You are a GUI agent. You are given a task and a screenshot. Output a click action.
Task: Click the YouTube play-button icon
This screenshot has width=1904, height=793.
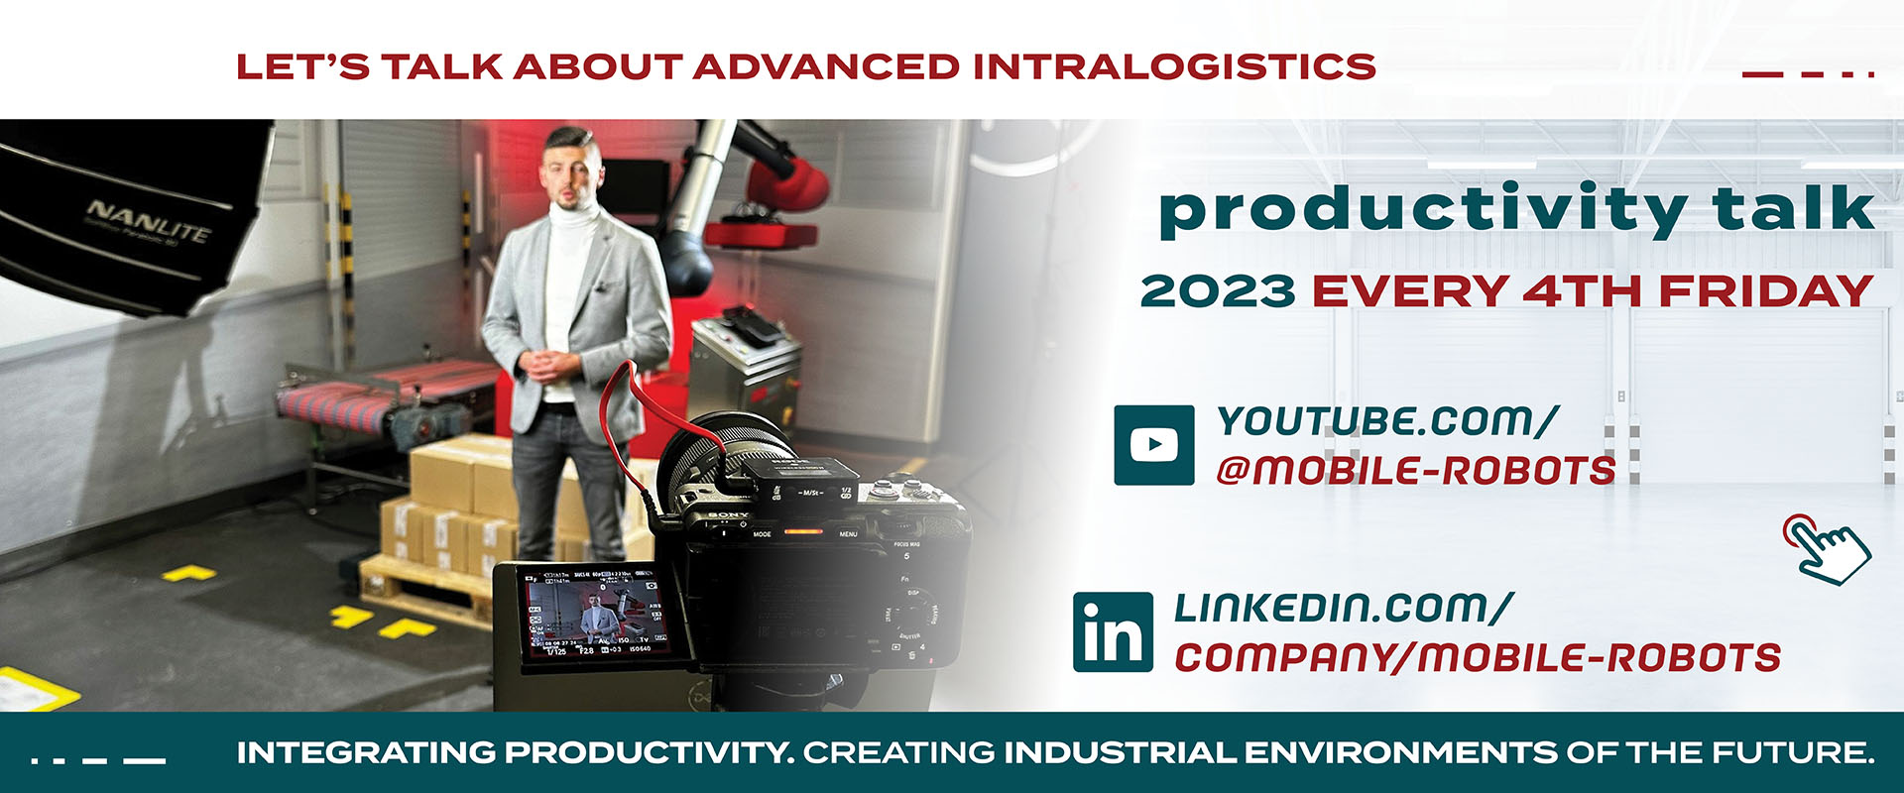1153,445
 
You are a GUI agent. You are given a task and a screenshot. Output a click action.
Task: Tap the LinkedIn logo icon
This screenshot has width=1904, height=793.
1113,632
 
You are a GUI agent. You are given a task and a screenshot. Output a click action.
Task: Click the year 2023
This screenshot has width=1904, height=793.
1217,291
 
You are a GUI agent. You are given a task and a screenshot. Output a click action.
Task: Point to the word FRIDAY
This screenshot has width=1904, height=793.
1765,291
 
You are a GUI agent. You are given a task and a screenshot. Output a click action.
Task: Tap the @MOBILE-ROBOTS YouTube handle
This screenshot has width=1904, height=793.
1415,470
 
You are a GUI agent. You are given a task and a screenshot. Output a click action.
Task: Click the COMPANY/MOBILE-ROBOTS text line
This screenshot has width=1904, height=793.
1477,657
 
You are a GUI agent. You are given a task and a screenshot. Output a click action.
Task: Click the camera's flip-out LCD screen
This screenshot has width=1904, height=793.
593,617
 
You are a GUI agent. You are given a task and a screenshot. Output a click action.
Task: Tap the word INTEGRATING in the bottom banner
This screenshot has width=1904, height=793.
366,752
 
